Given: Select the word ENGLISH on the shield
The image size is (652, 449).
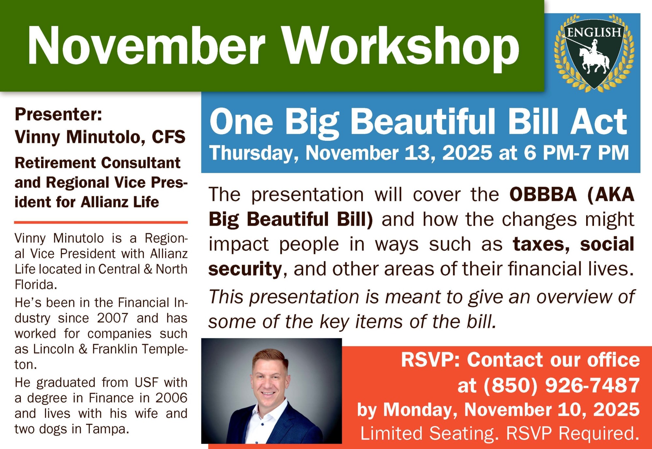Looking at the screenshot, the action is (x=594, y=32).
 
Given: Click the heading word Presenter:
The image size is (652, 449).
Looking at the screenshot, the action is (x=58, y=114).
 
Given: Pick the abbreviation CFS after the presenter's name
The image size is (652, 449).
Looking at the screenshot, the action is (x=169, y=137).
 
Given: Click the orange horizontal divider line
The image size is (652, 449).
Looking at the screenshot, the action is (x=101, y=222).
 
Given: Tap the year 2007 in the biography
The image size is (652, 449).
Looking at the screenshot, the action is (x=113, y=318).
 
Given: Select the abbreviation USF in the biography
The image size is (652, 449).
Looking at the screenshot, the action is (x=147, y=382).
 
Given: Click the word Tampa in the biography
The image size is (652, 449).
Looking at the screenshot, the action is (x=107, y=429).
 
